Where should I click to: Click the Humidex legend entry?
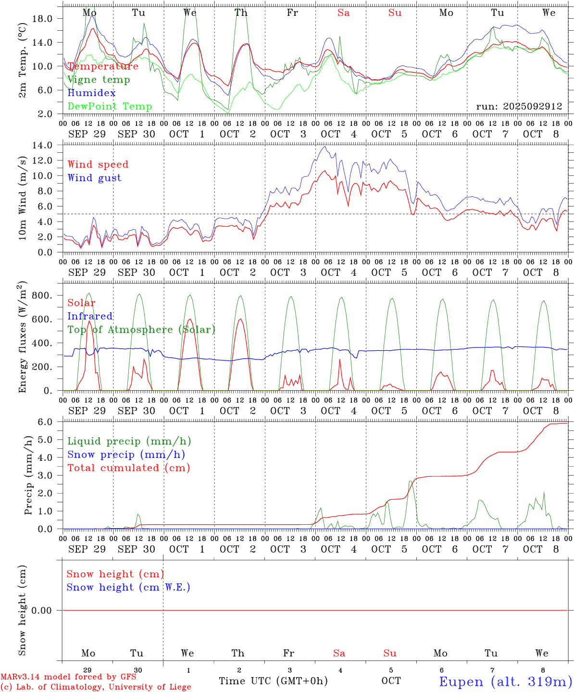(x=91, y=93)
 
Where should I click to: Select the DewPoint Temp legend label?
(x=110, y=106)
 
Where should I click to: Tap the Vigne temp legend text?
(x=99, y=80)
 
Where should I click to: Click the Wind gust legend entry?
(x=94, y=178)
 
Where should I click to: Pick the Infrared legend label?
(x=90, y=316)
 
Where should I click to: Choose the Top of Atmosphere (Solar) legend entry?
(x=141, y=330)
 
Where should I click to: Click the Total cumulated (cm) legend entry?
(x=128, y=468)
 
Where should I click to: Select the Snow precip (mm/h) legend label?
(x=126, y=455)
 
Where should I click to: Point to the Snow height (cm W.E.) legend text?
(x=128, y=587)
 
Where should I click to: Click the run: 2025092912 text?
(x=519, y=106)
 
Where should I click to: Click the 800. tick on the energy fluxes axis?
(x=42, y=296)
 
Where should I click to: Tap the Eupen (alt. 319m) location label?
(x=505, y=681)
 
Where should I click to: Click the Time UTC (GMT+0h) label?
(x=273, y=681)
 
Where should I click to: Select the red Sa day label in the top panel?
(x=343, y=13)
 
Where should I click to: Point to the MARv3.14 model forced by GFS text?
(x=68, y=677)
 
